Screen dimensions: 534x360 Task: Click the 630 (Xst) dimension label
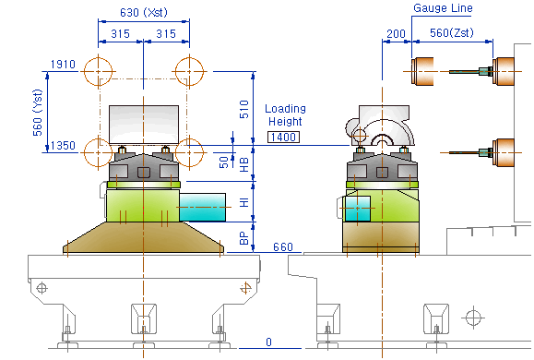coord(144,13)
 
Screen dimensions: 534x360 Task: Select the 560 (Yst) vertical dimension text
coord(38,113)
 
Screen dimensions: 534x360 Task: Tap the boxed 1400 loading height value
coord(283,137)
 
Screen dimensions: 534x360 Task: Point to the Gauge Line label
coord(443,7)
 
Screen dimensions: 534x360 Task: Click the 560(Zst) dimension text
coord(452,32)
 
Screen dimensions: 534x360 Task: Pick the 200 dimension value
coord(396,34)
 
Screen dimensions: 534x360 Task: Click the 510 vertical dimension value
coord(244,109)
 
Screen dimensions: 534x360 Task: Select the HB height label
coord(244,164)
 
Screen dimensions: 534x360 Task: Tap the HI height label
coord(244,202)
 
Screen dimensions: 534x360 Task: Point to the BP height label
coord(244,238)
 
